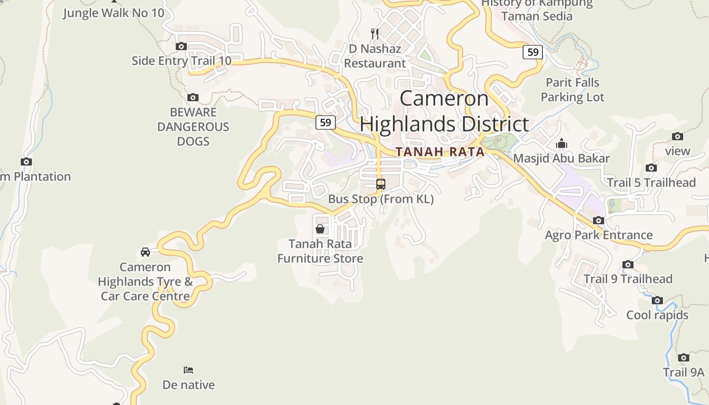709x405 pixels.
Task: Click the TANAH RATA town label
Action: [x=440, y=152]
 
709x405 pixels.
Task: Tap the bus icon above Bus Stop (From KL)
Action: [x=381, y=184]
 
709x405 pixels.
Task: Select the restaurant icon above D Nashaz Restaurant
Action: [x=375, y=34]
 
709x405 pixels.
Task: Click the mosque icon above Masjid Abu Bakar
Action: [x=561, y=144]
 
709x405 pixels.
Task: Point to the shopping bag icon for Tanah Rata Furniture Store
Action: [x=320, y=229]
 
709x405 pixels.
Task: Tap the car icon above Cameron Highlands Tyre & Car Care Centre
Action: [x=145, y=252]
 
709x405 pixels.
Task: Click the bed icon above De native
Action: [x=188, y=370]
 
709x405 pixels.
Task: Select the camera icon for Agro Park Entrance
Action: [x=599, y=220]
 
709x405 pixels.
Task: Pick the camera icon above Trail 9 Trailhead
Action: [x=628, y=264]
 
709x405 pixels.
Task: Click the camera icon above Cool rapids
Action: [x=657, y=300]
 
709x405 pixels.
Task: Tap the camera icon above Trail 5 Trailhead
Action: [x=651, y=168]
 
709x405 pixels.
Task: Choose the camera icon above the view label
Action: [x=678, y=136]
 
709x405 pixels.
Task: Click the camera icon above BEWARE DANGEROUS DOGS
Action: [x=192, y=97]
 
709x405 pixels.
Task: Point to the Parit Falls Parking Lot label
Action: [x=572, y=90]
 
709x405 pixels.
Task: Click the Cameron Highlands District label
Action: [x=445, y=111]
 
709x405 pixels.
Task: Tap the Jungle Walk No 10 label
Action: [x=113, y=13]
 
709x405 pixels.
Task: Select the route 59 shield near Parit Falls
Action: [x=533, y=52]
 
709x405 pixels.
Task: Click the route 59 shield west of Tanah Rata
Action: [x=326, y=122]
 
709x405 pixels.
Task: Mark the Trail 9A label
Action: [x=684, y=373]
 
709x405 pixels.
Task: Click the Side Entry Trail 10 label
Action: [x=181, y=61]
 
